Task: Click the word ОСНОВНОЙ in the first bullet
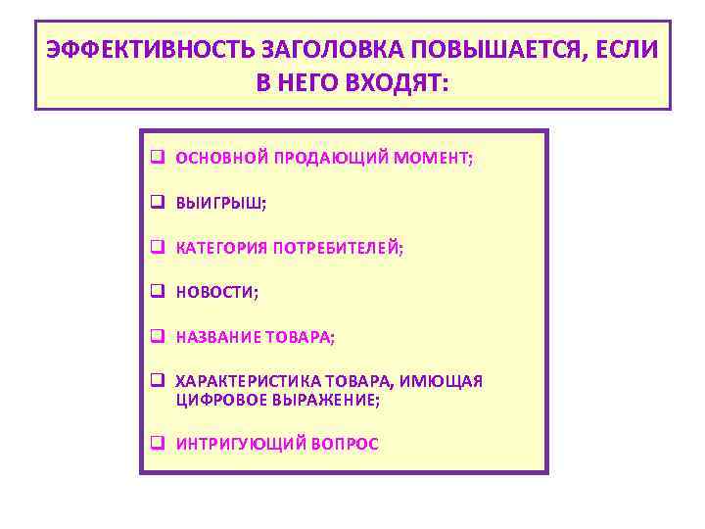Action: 221,158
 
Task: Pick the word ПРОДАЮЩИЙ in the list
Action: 319,158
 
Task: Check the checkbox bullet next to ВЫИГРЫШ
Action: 157,203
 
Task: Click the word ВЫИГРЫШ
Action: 219,204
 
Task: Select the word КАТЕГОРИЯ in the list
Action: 220,249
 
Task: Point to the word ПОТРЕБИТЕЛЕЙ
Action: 338,249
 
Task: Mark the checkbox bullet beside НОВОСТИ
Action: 157,292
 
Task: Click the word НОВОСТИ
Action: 215,293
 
